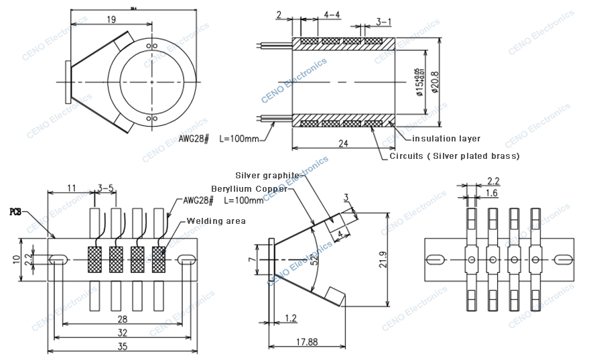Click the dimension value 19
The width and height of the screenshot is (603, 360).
point(111,19)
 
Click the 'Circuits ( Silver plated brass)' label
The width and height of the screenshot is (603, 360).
point(454,156)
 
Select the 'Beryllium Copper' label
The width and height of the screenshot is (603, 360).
point(249,188)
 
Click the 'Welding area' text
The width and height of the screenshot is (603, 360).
point(216,221)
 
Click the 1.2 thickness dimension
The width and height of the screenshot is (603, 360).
point(290,319)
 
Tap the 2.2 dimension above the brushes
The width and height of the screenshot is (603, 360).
point(493,180)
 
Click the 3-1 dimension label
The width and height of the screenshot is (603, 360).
point(383,22)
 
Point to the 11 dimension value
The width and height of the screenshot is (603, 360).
point(70,188)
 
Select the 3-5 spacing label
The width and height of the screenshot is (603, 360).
point(106,188)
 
